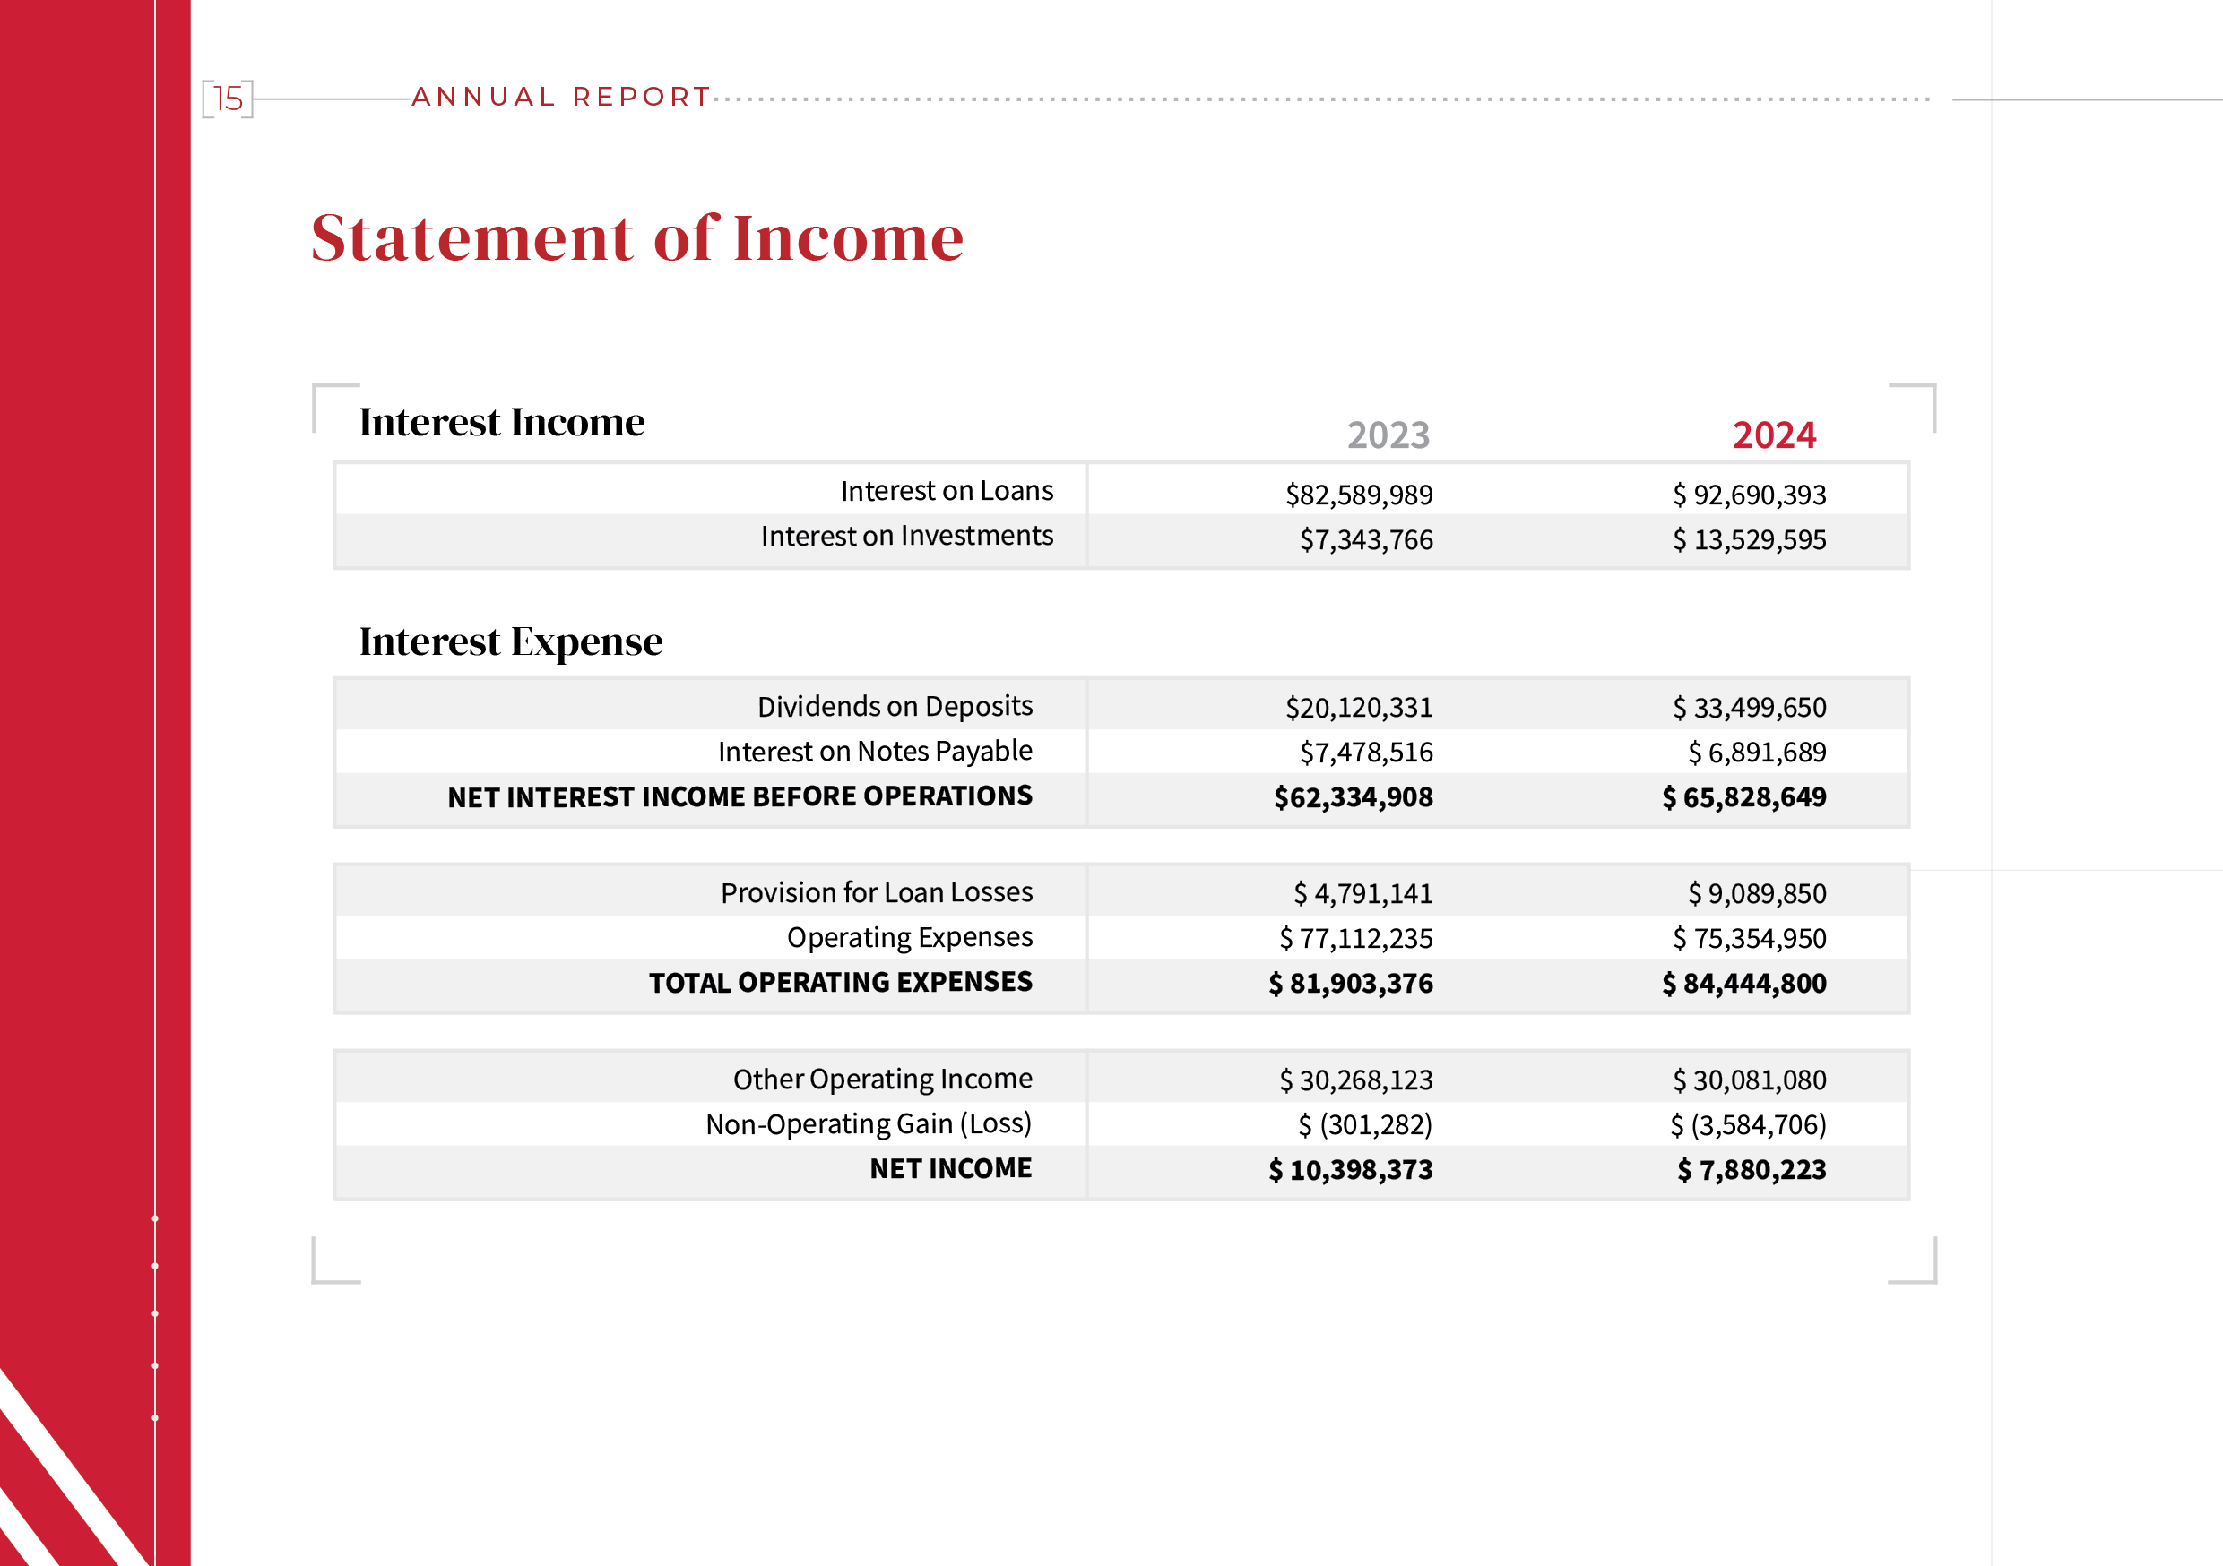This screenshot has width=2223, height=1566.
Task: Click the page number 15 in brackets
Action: tap(228, 99)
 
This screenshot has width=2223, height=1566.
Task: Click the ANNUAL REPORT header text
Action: tap(561, 97)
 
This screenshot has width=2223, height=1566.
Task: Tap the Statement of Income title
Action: tap(637, 238)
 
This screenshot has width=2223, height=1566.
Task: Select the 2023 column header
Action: tap(1388, 435)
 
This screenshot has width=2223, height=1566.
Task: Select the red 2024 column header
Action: tap(1774, 435)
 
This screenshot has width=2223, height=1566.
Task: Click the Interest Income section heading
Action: tap(502, 423)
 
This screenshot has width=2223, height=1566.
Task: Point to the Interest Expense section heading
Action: tap(510, 641)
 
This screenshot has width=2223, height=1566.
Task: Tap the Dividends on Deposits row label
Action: tap(895, 707)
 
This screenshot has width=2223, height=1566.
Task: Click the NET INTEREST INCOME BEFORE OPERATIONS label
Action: tap(740, 796)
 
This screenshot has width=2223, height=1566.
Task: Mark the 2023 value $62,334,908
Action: tap(1353, 797)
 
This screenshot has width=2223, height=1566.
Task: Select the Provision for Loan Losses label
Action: tap(877, 892)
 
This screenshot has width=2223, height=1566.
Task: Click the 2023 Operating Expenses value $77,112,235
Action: tap(1355, 939)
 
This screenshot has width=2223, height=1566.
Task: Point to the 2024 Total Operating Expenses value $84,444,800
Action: tap(1743, 985)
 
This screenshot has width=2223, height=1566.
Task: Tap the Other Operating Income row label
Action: tap(882, 1080)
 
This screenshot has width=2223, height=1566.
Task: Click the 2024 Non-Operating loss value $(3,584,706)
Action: tap(1748, 1125)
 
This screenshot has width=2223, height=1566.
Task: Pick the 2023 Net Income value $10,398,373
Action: tap(1351, 1171)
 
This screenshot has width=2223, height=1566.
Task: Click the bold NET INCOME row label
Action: tap(950, 1169)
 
